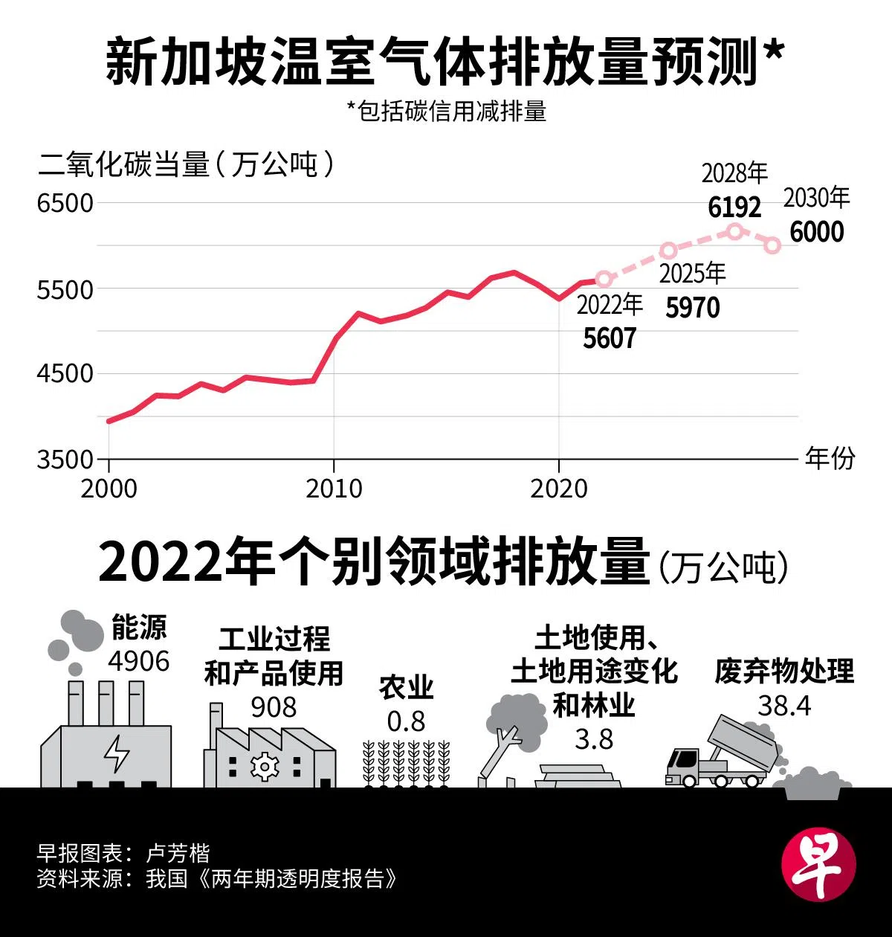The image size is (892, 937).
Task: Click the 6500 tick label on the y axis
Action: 65,203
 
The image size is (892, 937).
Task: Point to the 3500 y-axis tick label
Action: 65,459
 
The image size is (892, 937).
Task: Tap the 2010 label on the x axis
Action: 334,489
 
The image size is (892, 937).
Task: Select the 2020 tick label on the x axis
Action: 558,489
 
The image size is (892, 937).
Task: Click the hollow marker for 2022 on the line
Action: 604,280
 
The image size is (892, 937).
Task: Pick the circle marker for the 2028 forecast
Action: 735,231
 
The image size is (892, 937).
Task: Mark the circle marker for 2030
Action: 772,245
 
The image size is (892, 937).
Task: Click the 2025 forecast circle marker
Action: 668,250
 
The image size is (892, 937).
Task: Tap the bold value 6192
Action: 734,207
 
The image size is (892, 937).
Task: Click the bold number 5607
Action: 610,338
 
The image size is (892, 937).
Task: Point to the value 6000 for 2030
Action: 816,232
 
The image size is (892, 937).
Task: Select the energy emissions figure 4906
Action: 139,660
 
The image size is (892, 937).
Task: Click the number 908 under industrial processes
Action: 274,706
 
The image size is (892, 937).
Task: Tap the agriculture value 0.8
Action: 406,721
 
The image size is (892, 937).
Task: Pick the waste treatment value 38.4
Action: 784,705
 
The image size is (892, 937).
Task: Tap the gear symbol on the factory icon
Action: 263,766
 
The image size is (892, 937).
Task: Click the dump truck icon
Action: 721,755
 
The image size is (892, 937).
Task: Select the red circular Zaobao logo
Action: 818,864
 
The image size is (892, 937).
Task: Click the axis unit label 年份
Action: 830,458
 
